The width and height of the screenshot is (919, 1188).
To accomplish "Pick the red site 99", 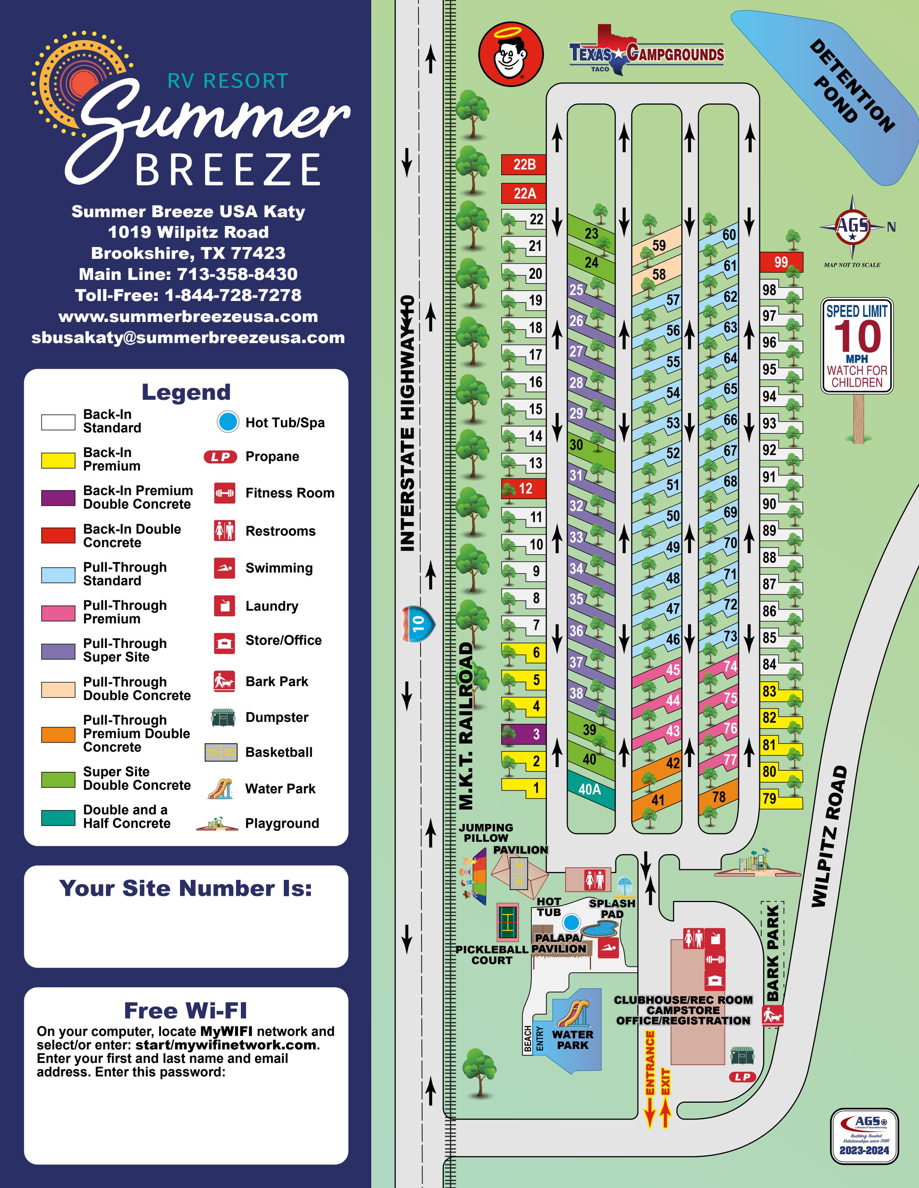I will pos(781,262).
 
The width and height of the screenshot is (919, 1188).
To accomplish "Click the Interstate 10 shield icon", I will pos(418,623).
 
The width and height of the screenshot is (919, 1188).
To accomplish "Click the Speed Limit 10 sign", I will pos(857,346).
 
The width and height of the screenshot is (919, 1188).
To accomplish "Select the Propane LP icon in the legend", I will pos(221,457).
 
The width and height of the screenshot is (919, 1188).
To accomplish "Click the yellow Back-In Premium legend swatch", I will pos(58,460).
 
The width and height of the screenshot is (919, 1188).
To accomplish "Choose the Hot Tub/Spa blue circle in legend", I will pos(228,422).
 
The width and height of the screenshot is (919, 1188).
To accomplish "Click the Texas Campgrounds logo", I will pos(646,51).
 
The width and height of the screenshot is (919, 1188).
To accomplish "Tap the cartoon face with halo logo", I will pos(511,54).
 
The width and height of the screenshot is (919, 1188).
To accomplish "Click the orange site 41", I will pos(658,798).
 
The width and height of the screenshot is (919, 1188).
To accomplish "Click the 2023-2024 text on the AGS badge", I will pos(864,1150).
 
